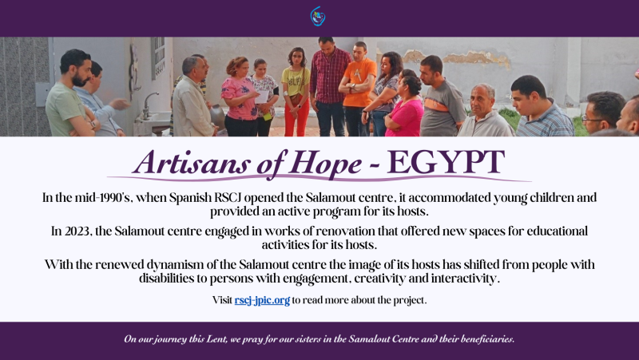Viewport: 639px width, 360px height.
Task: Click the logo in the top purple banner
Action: [317, 16]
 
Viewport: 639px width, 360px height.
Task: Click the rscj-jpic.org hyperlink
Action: [262, 301]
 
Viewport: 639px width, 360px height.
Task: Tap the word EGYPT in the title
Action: [446, 163]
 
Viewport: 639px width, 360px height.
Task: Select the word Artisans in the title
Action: [191, 163]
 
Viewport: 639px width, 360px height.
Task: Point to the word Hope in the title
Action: [327, 164]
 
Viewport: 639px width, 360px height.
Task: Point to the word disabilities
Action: [166, 279]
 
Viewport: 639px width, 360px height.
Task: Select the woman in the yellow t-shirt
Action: [296, 92]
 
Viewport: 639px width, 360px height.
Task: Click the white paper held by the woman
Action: [262, 97]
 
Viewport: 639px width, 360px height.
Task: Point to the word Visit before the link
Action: [222, 300]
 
